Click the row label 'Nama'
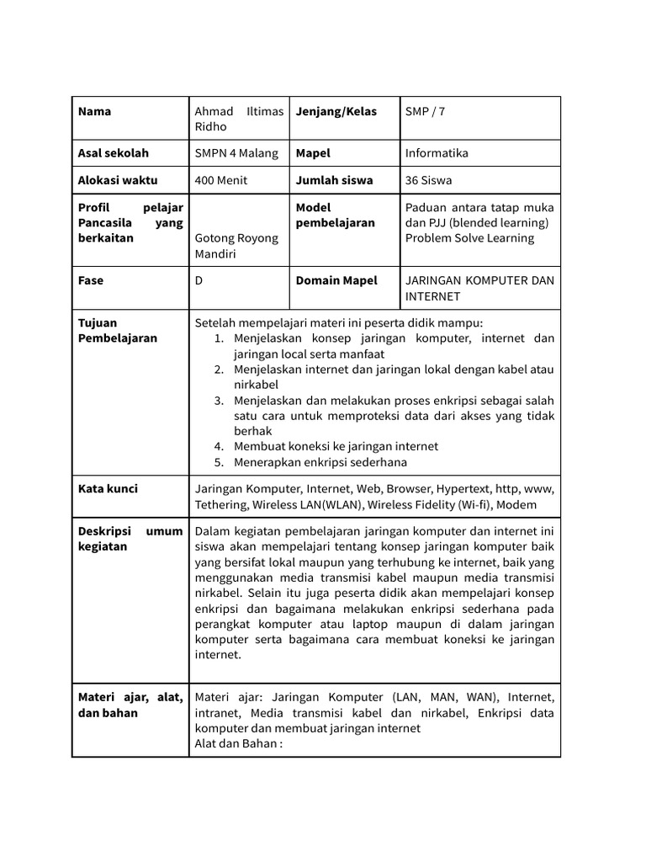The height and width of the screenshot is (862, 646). [94, 111]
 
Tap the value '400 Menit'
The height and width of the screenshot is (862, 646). [221, 180]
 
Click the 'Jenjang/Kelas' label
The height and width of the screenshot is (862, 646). [336, 111]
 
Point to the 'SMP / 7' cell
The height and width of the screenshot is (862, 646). [426, 111]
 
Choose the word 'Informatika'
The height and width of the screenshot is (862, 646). [437, 153]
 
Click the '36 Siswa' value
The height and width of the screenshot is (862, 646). [430, 180]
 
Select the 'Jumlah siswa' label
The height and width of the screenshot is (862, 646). [334, 180]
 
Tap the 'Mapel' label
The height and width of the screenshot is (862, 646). [313, 153]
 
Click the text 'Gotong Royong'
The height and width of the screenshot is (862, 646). [236, 238]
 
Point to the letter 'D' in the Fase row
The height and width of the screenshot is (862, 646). [199, 280]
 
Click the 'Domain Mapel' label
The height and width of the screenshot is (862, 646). [336, 280]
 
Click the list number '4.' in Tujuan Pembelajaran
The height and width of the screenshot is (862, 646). [219, 446]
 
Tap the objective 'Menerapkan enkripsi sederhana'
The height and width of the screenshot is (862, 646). [320, 462]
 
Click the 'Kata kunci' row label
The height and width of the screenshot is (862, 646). [108, 488]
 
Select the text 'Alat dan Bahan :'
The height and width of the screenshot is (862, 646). [238, 743]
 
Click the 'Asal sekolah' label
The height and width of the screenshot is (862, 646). [113, 153]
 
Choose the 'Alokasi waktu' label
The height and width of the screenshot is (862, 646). [117, 180]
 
